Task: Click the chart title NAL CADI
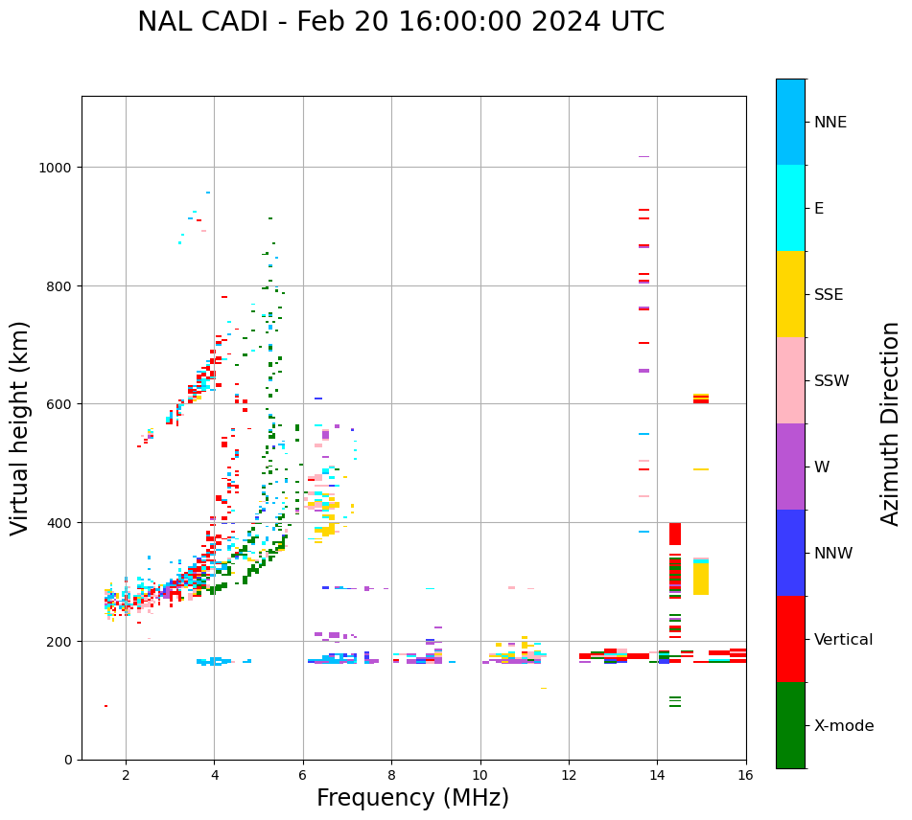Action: coord(400,22)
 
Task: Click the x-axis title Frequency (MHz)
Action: coord(412,798)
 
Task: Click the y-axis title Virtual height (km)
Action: coord(20,428)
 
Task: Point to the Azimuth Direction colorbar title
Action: coord(891,423)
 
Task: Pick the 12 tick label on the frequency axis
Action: coord(569,776)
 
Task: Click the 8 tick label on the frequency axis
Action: coord(391,776)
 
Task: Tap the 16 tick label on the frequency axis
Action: coord(745,776)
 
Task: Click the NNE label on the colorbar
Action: coord(830,123)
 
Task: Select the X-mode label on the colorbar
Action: coord(844,726)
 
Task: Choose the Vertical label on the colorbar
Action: coord(844,640)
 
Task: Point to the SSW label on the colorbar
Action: coord(831,381)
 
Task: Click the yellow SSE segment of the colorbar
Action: coord(790,294)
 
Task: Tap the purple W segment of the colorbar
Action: coord(790,467)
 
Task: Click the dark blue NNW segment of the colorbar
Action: coord(790,553)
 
